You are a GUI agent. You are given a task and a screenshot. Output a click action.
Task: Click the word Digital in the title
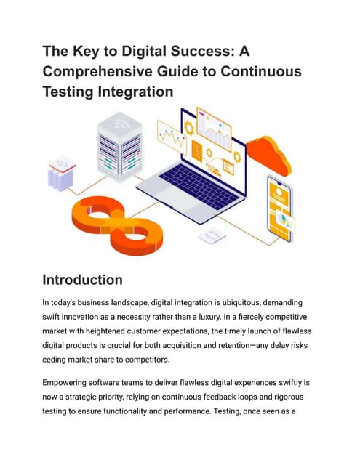[x=144, y=51]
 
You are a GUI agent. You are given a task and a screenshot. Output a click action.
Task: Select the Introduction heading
[x=82, y=280]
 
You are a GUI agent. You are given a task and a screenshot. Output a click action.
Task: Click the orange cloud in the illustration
[x=268, y=155]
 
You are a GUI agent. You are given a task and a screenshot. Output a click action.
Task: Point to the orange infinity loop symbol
[x=117, y=225]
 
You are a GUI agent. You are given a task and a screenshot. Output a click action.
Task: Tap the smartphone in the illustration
[x=280, y=209]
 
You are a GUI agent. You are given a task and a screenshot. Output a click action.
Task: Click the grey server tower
[x=120, y=146]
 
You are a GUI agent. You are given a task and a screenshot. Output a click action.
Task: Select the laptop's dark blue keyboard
[x=199, y=186]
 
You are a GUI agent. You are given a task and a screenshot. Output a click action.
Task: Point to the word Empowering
[x=64, y=383]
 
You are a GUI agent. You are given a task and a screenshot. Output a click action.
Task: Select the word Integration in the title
[x=135, y=92]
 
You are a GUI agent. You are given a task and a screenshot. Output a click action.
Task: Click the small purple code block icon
[x=61, y=174]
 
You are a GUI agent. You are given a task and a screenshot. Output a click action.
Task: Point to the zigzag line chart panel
[x=172, y=137]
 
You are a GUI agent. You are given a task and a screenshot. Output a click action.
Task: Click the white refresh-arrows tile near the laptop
[x=212, y=235]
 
